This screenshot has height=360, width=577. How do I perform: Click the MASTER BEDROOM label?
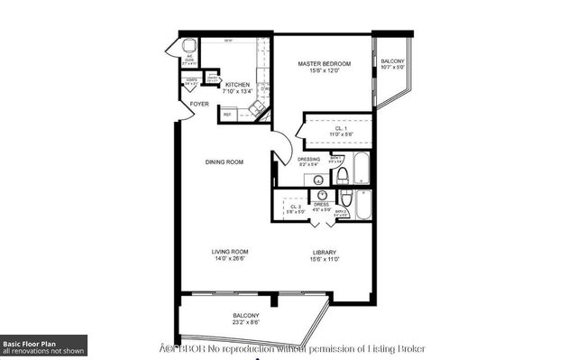324,64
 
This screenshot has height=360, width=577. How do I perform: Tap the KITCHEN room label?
224,85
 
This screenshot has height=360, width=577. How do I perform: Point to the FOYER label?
199,104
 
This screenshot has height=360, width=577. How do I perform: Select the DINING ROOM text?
224,162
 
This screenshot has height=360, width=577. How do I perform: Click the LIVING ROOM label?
230,252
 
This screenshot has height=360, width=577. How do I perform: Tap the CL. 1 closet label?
340,129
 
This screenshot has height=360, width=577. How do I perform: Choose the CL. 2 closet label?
295,208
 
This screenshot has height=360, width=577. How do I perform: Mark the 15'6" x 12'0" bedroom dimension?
324,72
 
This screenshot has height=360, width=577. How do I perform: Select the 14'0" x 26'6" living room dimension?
230,260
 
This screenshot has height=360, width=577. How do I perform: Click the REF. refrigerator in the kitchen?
228,115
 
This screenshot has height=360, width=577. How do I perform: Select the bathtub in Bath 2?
362,206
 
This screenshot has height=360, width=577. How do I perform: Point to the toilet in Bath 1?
343,198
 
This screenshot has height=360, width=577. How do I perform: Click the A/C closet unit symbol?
189,47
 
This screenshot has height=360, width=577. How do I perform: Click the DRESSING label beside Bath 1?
307,159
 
